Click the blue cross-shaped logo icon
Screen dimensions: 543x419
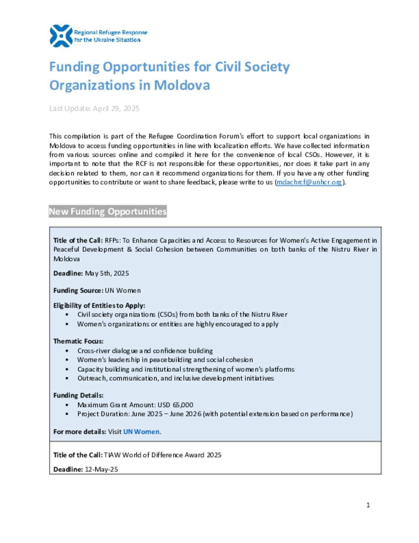[61, 36]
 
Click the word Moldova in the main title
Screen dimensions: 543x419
[182, 85]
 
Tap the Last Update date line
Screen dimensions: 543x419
[94, 109]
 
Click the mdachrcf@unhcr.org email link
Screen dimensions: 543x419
[309, 182]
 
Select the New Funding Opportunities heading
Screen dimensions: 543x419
[108, 211]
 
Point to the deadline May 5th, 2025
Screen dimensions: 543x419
[107, 273]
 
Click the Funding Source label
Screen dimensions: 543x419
[78, 291]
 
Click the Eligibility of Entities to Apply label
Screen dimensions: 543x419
[99, 305]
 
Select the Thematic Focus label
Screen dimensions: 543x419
[78, 341]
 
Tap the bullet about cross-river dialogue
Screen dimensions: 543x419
[145, 351]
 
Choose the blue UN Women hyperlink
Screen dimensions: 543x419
[141, 432]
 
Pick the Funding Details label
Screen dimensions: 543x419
[78, 395]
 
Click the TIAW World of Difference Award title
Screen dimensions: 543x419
[162, 455]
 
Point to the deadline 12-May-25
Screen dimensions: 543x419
[101, 469]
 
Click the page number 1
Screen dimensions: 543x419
[368, 505]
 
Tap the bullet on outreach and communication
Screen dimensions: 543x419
[176, 378]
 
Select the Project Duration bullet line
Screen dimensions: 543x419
[215, 414]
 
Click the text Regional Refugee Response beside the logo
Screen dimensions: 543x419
[110, 32]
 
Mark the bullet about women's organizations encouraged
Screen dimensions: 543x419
[178, 324]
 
